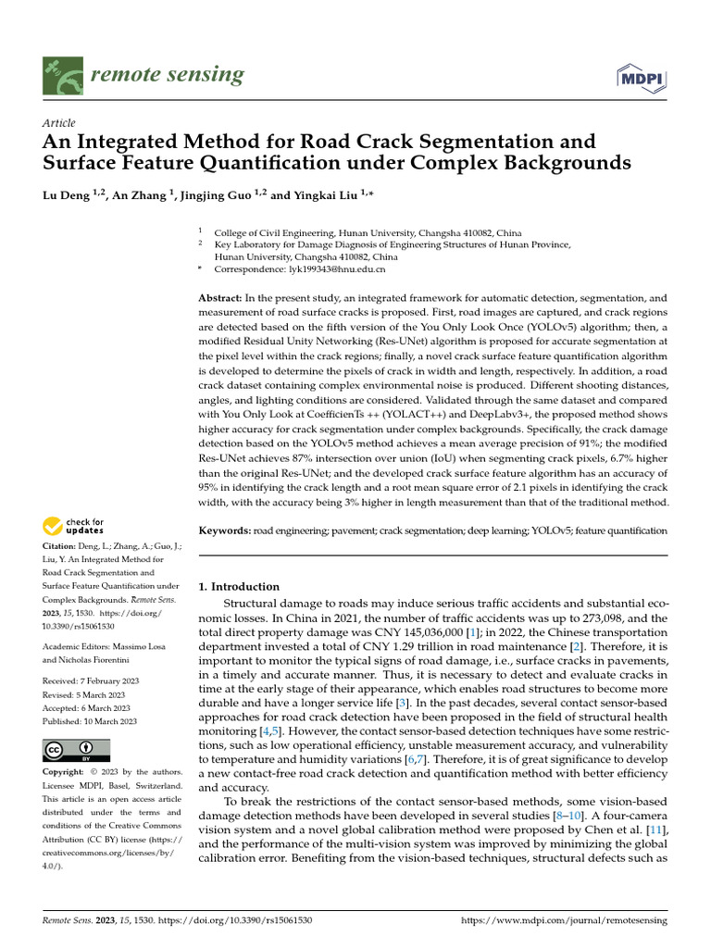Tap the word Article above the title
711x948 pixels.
[x=59, y=123]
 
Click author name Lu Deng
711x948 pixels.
[x=69, y=195]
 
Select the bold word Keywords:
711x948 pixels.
[x=225, y=530]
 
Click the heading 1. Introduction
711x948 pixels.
[x=239, y=586]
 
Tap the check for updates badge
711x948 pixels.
[x=74, y=527]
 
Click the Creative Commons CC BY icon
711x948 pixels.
[x=76, y=750]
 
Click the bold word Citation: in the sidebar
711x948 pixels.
[x=62, y=547]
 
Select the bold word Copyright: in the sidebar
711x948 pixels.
[x=69, y=771]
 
